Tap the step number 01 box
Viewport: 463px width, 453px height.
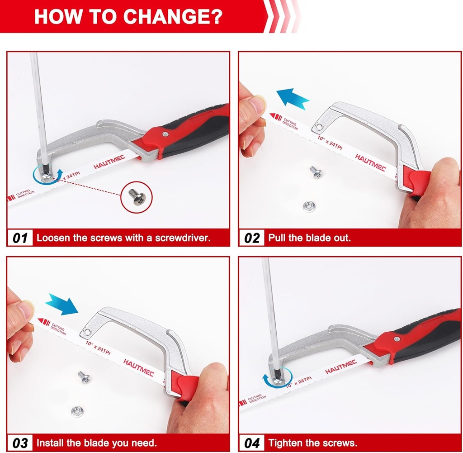click(x=20, y=238)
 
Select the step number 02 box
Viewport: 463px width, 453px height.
click(x=252, y=238)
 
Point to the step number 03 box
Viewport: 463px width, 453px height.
click(x=20, y=443)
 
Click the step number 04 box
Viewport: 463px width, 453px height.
click(x=252, y=443)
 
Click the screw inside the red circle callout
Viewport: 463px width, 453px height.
click(x=137, y=197)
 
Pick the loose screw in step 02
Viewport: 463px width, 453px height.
click(x=315, y=172)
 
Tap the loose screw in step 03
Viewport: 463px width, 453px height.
click(x=84, y=377)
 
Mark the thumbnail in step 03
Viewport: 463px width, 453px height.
click(x=25, y=310)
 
